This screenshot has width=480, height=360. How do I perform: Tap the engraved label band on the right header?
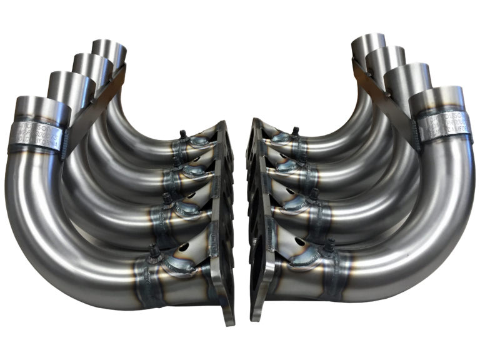click(441, 125)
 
